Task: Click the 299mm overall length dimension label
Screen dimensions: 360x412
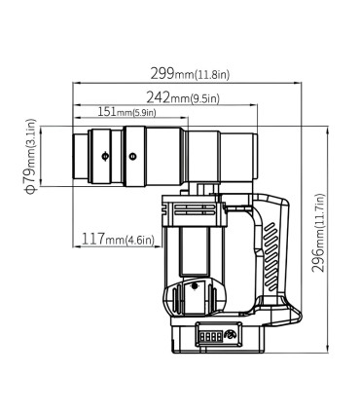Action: tap(190, 74)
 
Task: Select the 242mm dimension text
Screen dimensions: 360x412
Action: tap(183, 97)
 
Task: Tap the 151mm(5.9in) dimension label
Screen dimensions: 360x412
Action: tap(126, 112)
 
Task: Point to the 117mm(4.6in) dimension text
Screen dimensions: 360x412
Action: tap(117, 240)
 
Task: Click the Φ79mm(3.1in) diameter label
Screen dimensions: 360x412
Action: tap(31, 156)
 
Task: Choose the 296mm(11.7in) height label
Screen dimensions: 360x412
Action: tap(318, 233)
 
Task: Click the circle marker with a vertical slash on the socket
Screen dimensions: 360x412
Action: tap(105, 156)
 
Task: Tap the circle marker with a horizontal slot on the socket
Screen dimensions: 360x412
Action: tap(132, 157)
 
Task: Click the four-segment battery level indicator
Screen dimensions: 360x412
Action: tap(211, 337)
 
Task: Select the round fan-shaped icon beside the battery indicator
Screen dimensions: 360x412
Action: tap(232, 335)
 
